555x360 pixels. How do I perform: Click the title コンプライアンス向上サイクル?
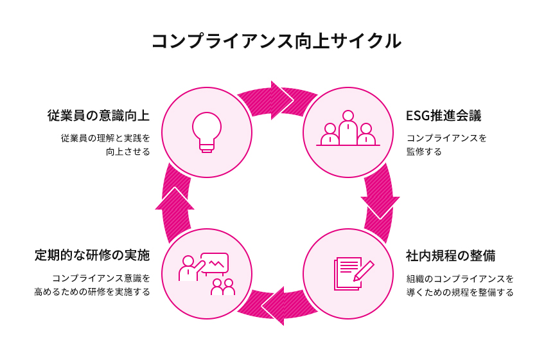coord(277,41)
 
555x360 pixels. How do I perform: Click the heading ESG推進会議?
coord(444,116)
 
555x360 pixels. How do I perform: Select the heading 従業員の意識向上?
coord(98,116)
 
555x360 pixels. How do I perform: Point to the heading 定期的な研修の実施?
coord(92,256)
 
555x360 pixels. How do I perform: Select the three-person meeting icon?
coord(348,129)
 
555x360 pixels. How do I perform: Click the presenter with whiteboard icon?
coord(206,273)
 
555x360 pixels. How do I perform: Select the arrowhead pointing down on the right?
coord(380,206)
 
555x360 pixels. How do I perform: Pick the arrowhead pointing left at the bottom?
coord(274,305)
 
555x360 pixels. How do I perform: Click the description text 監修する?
coord(424,152)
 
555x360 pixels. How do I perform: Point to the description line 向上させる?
coord(128,152)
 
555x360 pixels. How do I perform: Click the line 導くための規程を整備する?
coord(460,292)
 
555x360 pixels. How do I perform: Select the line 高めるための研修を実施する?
coord(92,292)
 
